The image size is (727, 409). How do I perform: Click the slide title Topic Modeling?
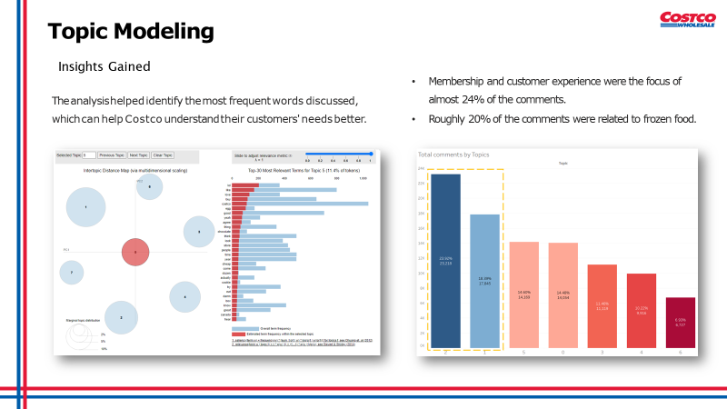point(131,32)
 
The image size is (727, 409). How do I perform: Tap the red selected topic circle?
point(134,252)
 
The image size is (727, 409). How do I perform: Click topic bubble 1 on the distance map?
point(85,207)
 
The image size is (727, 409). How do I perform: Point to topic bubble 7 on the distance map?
point(71,272)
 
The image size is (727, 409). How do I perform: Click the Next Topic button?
point(138,155)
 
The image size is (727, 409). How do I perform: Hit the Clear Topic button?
point(163,155)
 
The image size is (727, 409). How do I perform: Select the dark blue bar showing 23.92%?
point(445,261)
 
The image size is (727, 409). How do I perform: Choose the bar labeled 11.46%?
point(602,306)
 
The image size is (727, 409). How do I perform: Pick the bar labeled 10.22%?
point(641,311)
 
